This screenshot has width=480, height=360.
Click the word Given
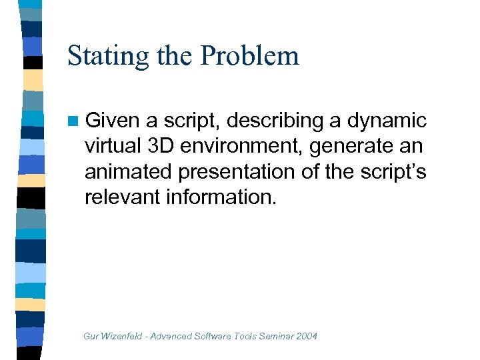point(112,121)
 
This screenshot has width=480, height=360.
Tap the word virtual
point(115,146)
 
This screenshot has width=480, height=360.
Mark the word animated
point(128,171)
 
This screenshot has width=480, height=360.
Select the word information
point(222,197)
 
